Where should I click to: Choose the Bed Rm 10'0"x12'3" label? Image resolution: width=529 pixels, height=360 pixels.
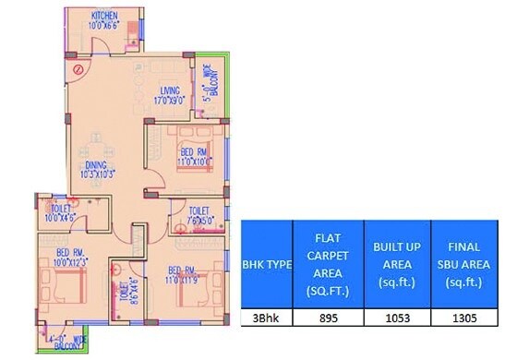(x=72, y=258)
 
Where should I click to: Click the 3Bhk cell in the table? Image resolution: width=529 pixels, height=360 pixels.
(x=266, y=317)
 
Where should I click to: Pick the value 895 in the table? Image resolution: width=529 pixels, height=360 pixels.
(x=327, y=317)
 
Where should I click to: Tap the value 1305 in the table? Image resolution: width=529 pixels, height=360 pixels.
(x=464, y=317)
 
